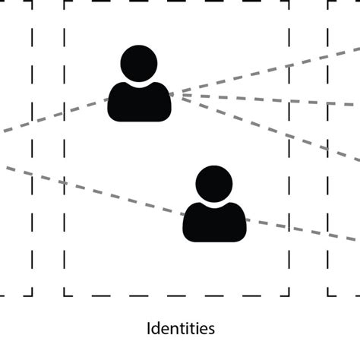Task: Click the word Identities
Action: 180,329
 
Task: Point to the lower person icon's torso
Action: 214,223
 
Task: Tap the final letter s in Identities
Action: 211,330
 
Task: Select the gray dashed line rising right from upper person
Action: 266,72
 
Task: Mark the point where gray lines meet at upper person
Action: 172,94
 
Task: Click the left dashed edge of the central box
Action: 65,152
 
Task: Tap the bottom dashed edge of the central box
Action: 175,295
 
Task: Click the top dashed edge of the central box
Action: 175,2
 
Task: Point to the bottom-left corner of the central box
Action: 65,295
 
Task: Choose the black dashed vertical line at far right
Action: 328,152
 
